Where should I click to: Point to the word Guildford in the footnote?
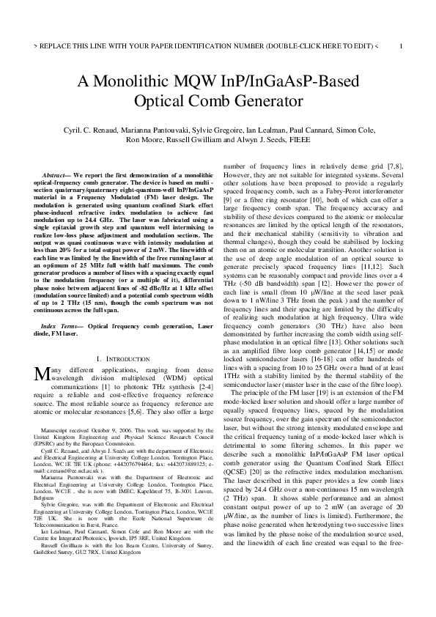[x=49, y=599]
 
